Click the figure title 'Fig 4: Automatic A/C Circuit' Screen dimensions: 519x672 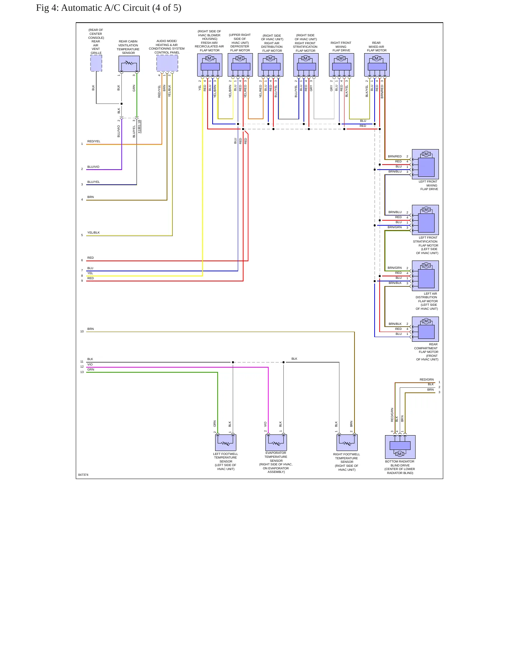click(93, 8)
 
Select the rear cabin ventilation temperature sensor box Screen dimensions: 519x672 click(129, 64)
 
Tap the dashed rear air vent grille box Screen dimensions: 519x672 click(96, 63)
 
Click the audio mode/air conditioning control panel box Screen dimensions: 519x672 click(167, 64)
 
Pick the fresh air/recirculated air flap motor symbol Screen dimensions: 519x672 click(210, 65)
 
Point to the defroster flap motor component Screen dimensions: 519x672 click(240, 65)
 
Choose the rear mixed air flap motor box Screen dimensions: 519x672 click(377, 65)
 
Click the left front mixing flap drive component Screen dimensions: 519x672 click(425, 164)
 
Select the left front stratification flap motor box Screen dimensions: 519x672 click(425, 220)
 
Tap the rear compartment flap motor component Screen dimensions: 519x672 click(425, 329)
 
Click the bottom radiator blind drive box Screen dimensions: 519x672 click(400, 447)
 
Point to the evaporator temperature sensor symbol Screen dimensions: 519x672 click(276, 442)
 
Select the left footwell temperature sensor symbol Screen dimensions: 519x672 click(226, 442)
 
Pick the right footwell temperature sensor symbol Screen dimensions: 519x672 click(347, 442)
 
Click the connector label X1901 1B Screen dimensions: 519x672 click(139, 126)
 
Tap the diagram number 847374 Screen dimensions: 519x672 click(83, 475)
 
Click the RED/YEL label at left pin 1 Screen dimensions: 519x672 click(94, 141)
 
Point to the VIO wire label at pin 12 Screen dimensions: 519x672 click(90, 364)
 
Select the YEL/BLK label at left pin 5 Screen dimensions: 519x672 click(93, 233)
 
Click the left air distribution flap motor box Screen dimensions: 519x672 click(425, 276)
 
